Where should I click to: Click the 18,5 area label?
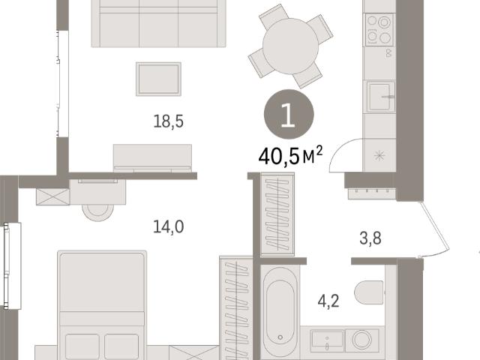coord(168,121)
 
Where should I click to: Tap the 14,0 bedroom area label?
coord(168,227)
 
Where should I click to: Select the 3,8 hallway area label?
coord(370,238)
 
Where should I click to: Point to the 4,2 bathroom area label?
coord(328,301)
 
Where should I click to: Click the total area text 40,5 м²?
coord(290,156)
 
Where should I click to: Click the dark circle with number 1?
coord(289,114)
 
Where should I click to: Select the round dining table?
coord(290,46)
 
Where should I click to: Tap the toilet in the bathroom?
coord(369,292)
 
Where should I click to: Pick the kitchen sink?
coord(381,97)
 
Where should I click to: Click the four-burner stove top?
coord(379,30)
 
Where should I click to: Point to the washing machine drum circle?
coord(361,340)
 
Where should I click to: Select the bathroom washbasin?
coord(327,340)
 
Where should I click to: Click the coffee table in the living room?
coord(158,79)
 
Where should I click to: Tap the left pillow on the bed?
coord(82,346)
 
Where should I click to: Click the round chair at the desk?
coord(97,212)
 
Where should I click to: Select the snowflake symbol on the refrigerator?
coord(379,156)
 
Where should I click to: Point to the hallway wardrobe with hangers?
coord(277,214)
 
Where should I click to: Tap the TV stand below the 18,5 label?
coord(152,158)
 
